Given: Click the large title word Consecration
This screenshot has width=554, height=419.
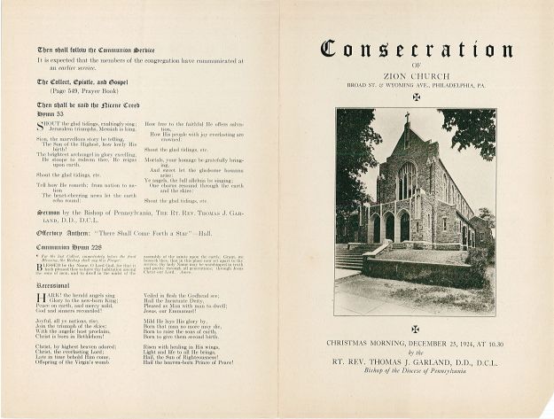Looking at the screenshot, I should tap(415, 49).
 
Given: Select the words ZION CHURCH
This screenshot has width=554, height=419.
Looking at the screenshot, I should tap(415, 78).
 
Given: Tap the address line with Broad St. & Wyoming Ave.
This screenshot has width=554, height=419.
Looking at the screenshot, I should tap(415, 87).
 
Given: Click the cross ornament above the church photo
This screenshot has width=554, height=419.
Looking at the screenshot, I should tap(416, 98).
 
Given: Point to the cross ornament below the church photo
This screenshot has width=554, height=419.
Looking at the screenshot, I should tap(415, 329).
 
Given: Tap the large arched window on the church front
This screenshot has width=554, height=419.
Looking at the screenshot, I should tap(406, 182).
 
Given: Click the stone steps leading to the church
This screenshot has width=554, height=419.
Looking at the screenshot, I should tap(351, 258).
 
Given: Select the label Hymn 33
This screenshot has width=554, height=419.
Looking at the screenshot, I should tap(50, 115).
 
